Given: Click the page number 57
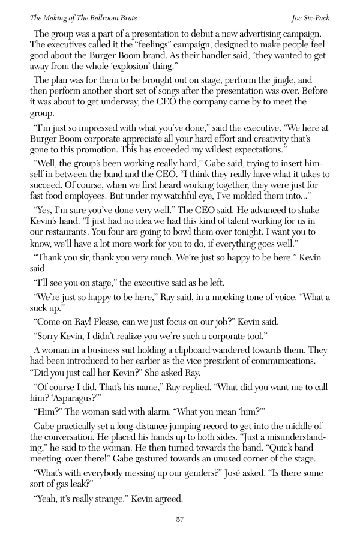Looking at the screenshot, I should (179, 519).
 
